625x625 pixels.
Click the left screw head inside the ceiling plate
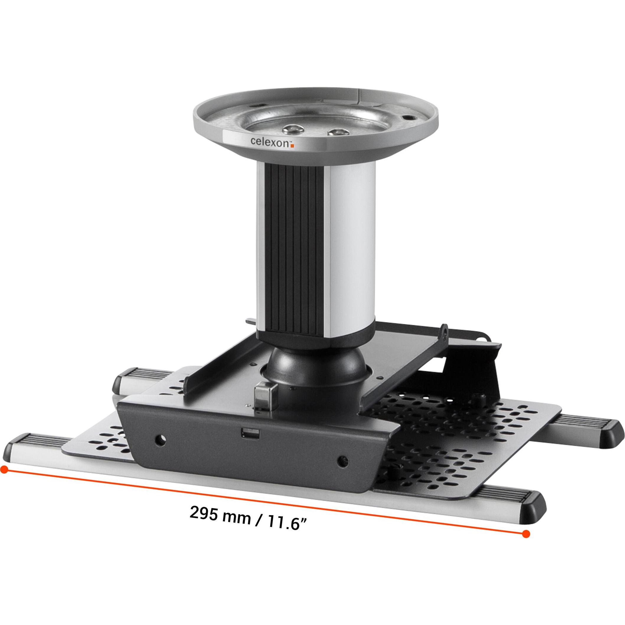click(291, 130)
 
